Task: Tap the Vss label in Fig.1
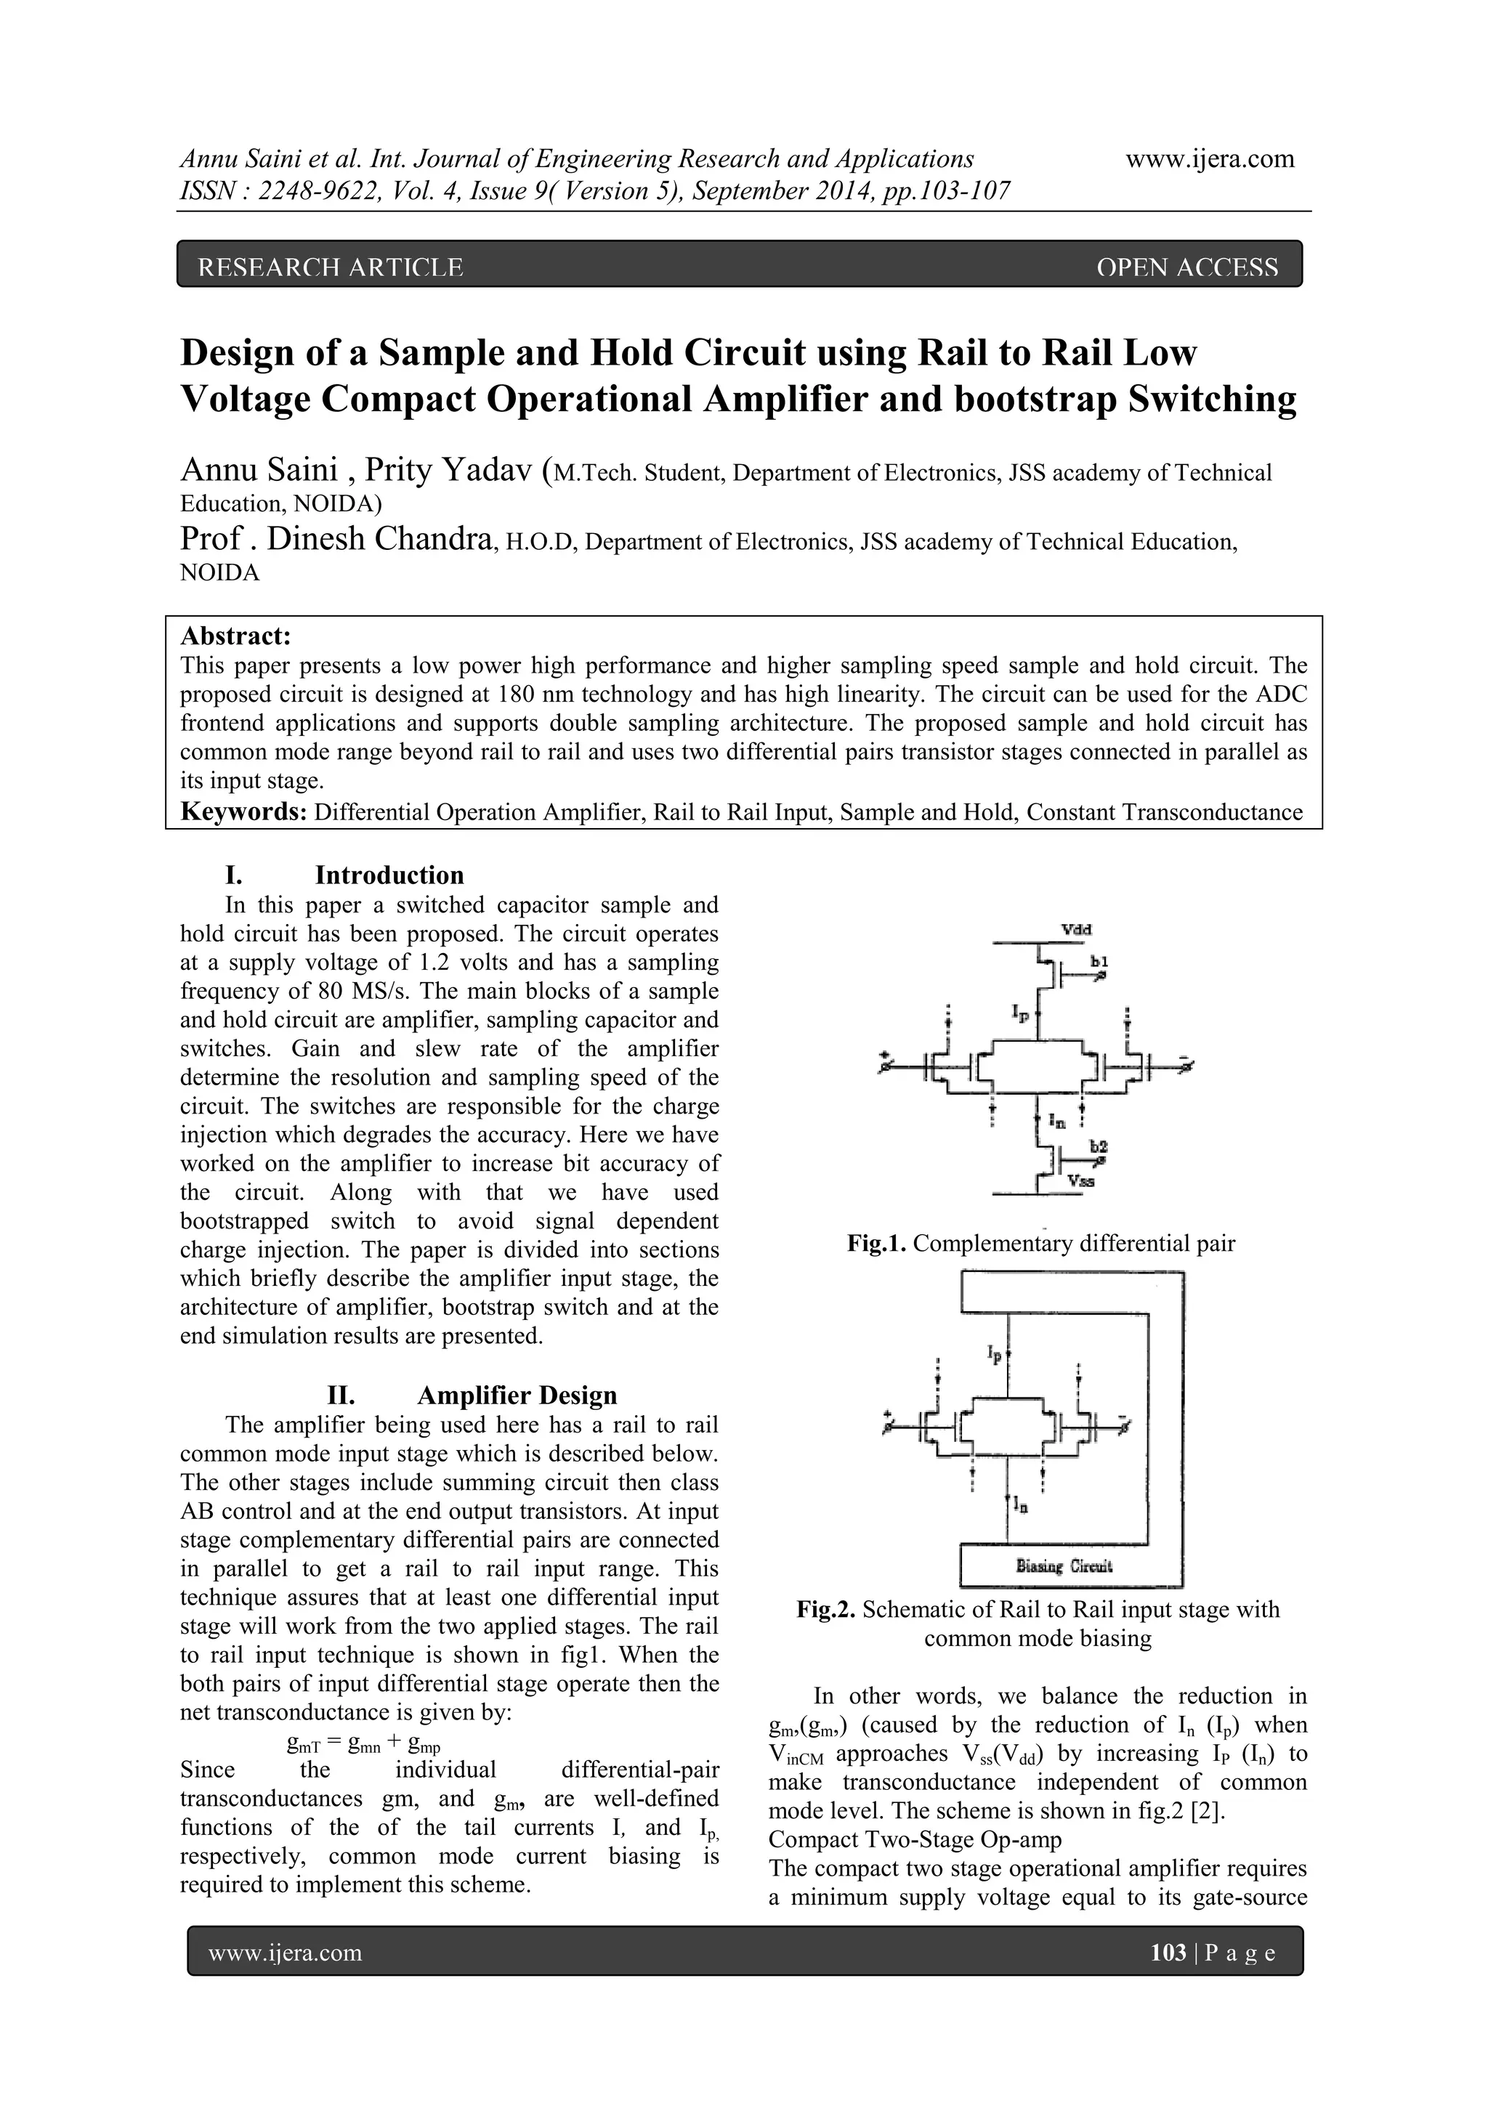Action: [x=1081, y=1182]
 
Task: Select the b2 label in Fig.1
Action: [x=1099, y=1147]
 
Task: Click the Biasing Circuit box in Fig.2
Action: [x=1064, y=1565]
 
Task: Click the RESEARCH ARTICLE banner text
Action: [x=331, y=267]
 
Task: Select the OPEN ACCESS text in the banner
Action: [x=1186, y=267]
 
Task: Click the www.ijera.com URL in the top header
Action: [x=1210, y=159]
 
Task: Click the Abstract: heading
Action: [x=235, y=636]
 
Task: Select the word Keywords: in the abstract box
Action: [x=243, y=811]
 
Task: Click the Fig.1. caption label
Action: [x=877, y=1243]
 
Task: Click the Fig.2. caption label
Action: [x=825, y=1609]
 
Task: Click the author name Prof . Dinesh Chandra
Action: [x=336, y=540]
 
